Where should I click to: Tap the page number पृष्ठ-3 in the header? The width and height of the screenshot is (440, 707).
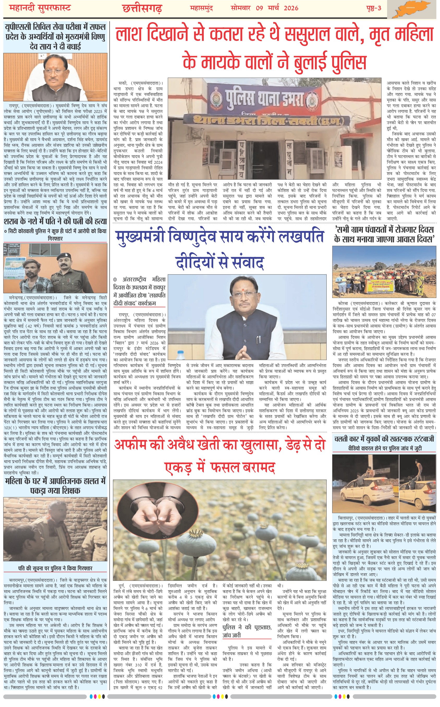(374, 8)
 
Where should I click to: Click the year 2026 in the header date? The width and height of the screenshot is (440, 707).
(291, 8)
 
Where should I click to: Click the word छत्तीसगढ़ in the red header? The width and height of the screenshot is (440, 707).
(142, 8)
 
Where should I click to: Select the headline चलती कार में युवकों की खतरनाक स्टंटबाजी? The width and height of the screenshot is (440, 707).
(384, 439)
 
